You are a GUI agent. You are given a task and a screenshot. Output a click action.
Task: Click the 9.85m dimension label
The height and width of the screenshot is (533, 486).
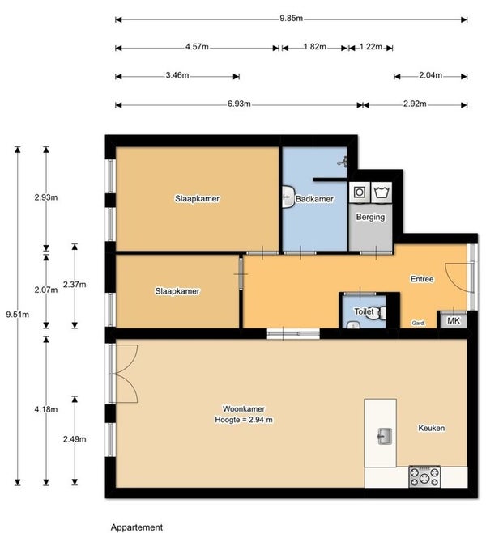click(291, 19)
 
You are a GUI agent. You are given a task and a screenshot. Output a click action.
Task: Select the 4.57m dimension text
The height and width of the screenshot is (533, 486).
click(197, 47)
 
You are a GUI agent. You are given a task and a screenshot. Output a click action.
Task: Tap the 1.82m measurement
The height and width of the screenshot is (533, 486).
click(315, 47)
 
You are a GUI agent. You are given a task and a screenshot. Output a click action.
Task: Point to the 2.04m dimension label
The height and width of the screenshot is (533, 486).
click(430, 75)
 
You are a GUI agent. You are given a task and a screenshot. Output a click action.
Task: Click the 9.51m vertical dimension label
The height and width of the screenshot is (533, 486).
click(18, 315)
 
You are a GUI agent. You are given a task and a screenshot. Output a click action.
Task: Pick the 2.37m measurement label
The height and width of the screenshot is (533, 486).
click(75, 285)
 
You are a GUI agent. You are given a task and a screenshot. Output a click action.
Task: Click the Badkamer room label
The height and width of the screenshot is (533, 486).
click(314, 199)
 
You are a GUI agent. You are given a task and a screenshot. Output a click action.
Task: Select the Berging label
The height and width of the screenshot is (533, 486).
click(370, 218)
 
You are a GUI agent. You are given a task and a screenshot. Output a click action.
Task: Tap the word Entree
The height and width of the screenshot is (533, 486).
click(422, 279)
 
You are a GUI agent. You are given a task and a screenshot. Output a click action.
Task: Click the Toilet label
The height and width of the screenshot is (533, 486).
click(364, 311)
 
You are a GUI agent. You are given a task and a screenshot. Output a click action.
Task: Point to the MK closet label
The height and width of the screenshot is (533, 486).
click(454, 320)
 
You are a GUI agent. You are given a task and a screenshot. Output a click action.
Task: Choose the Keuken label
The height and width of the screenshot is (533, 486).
click(431, 428)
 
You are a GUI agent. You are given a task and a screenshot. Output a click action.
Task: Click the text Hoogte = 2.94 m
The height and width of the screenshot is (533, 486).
click(244, 420)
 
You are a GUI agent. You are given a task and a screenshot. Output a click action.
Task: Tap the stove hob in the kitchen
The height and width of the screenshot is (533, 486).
click(424, 476)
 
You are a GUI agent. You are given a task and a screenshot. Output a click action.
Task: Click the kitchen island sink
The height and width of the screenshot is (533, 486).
click(385, 437)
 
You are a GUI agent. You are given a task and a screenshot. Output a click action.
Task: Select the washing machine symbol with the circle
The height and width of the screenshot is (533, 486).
click(360, 192)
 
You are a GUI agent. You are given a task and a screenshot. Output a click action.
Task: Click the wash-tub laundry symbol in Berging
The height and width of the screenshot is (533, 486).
click(382, 192)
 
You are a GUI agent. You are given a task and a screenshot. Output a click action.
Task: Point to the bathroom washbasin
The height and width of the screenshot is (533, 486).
click(288, 197)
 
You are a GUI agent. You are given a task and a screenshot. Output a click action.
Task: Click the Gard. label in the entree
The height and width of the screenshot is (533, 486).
click(418, 323)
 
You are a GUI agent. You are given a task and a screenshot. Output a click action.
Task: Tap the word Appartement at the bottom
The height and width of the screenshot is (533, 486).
click(137, 527)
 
